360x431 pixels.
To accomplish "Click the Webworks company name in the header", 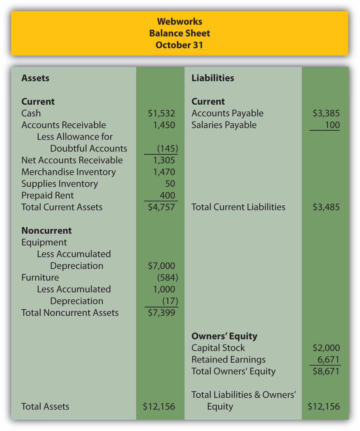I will (x=180, y=21).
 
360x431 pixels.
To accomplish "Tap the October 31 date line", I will (x=180, y=45).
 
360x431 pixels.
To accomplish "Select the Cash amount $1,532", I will (x=161, y=113).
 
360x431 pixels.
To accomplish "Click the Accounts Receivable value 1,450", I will (x=164, y=125).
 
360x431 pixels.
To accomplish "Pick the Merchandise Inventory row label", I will (x=68, y=172).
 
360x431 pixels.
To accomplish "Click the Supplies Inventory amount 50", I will (x=170, y=184).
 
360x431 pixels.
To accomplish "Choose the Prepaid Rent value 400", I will (x=167, y=195).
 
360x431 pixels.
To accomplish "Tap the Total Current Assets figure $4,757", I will (x=161, y=207).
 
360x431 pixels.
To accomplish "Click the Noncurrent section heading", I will (x=47, y=231).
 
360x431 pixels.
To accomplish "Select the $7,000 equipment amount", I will (x=161, y=266).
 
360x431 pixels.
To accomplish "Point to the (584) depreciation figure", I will (x=167, y=277).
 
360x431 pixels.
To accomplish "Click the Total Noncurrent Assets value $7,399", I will (x=161, y=313).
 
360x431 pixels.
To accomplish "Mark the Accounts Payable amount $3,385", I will (x=326, y=113).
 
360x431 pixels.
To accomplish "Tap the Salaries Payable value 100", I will (x=332, y=125).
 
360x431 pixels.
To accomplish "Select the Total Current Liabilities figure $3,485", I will (x=326, y=207).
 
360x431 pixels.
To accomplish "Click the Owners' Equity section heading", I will (x=224, y=336).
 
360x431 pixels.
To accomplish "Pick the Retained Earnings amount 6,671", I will (x=328, y=360).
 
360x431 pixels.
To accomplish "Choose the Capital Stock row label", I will (x=218, y=348).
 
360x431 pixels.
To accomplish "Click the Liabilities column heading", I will (x=213, y=78).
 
